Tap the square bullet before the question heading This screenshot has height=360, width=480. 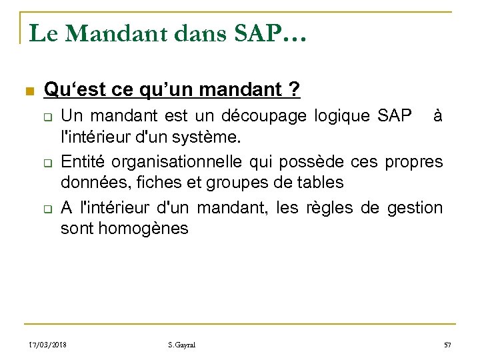pyautogui.click(x=27, y=91)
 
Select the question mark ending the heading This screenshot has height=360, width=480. pyautogui.click(x=294, y=89)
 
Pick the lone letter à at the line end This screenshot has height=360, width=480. pyautogui.click(x=437, y=117)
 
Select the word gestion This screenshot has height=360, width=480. pyautogui.click(x=415, y=208)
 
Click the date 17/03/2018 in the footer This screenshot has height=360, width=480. pyautogui.click(x=49, y=345)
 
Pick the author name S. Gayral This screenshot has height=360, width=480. pyautogui.click(x=183, y=345)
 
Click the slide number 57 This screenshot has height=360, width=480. pyautogui.click(x=447, y=345)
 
